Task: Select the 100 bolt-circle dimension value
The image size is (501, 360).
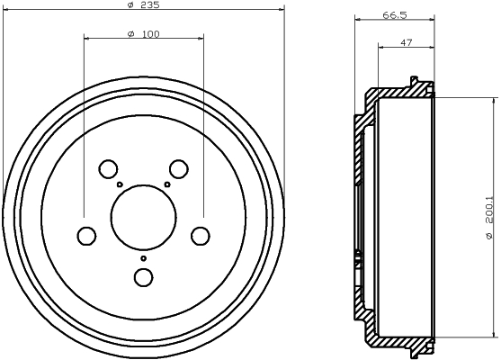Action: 150,34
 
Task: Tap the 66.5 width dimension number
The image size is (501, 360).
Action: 395,15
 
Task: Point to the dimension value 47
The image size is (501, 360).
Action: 406,42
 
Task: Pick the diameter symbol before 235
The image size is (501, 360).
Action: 130,5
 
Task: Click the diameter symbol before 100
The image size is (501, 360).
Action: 131,34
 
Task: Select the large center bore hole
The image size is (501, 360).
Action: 143,218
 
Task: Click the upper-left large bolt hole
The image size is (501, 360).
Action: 108,169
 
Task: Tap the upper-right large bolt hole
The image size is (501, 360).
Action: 179,169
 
